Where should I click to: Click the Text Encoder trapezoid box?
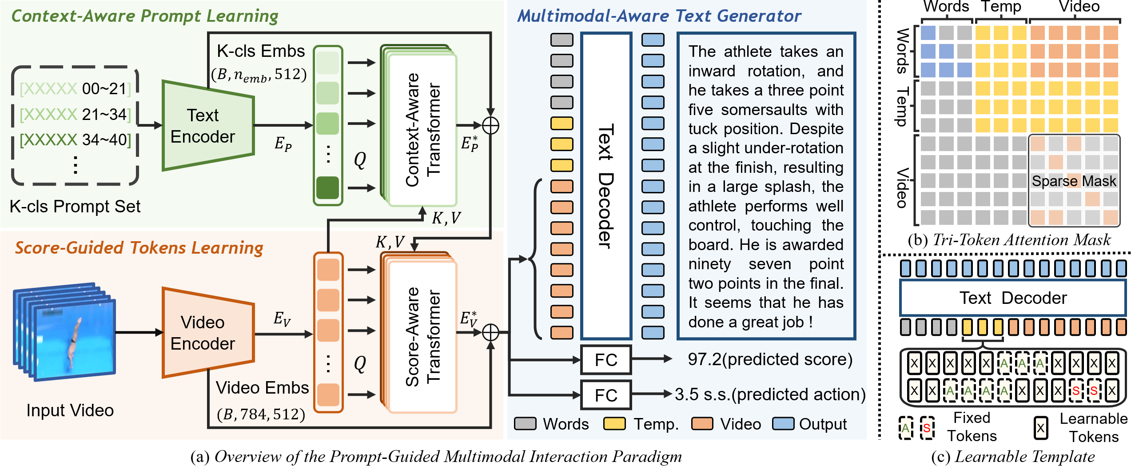pos(207,126)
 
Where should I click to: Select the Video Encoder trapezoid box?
pos(207,333)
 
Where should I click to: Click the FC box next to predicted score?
pos(605,360)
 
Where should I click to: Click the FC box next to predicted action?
pos(605,395)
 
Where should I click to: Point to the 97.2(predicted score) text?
pos(770,359)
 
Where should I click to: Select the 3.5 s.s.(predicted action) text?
pos(770,394)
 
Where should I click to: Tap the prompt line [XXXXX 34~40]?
pos(76,140)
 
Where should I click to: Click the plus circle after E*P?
pos(490,126)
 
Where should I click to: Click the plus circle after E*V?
pos(490,332)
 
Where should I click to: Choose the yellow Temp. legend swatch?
pos(614,424)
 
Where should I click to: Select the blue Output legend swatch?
pos(783,424)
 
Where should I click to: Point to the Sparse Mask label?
pos(1073,181)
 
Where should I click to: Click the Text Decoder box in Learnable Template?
pos(1012,298)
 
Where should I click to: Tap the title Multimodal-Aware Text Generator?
pos(659,16)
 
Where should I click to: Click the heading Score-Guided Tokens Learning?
pos(139,248)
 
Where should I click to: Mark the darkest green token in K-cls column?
pos(328,187)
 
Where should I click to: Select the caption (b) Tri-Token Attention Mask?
pos(1008,240)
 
